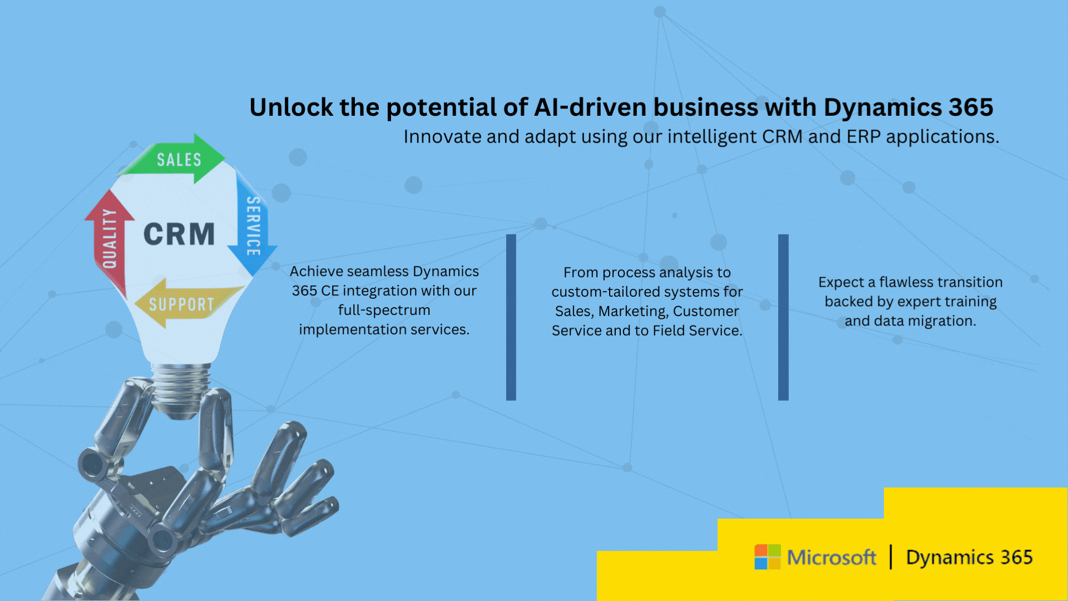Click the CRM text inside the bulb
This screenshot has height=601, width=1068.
pyautogui.click(x=179, y=234)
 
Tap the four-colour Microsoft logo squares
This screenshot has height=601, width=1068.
pyautogui.click(x=767, y=557)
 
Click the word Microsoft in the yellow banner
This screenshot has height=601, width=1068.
pyautogui.click(x=831, y=557)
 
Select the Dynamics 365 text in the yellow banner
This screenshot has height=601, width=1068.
pyautogui.click(x=969, y=557)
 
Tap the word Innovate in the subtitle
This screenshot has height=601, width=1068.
pyautogui.click(x=442, y=137)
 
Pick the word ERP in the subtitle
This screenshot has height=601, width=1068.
pyautogui.click(x=863, y=137)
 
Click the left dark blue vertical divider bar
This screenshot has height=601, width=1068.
pyautogui.click(x=511, y=317)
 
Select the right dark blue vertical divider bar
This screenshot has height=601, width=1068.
pyautogui.click(x=783, y=317)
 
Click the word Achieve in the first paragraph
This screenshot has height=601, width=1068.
pyautogui.click(x=316, y=272)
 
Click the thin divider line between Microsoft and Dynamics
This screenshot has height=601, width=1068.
pyautogui.click(x=891, y=557)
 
